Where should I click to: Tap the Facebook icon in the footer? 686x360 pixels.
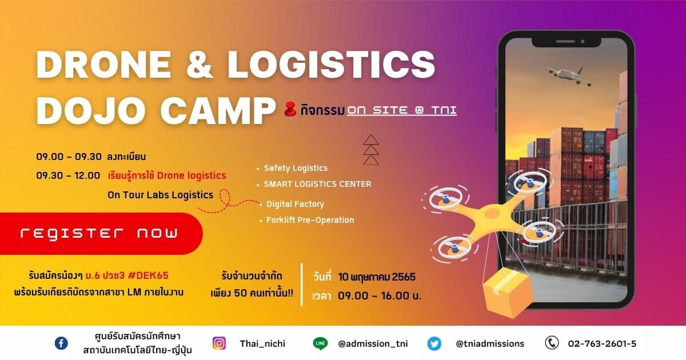(x=61, y=343)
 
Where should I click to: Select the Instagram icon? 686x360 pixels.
(x=220, y=343)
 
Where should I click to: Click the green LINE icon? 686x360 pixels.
(x=320, y=343)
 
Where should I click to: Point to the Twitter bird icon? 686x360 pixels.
(x=434, y=343)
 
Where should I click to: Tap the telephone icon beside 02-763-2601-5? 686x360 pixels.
(x=552, y=343)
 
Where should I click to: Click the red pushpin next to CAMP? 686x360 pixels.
(x=290, y=110)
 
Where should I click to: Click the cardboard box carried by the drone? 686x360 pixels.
(x=507, y=292)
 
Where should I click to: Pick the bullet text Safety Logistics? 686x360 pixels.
(x=296, y=168)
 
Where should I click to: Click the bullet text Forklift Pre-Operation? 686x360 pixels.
(x=310, y=220)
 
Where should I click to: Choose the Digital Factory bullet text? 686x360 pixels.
(x=295, y=204)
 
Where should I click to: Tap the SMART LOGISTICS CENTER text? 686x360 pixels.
(x=318, y=184)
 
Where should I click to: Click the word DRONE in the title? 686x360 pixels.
(x=103, y=65)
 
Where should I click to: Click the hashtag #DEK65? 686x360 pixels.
(x=148, y=275)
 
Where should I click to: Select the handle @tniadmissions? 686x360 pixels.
(x=490, y=344)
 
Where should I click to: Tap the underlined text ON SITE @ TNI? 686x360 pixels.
(x=402, y=110)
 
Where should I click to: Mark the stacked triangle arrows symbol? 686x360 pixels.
(x=371, y=150)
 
